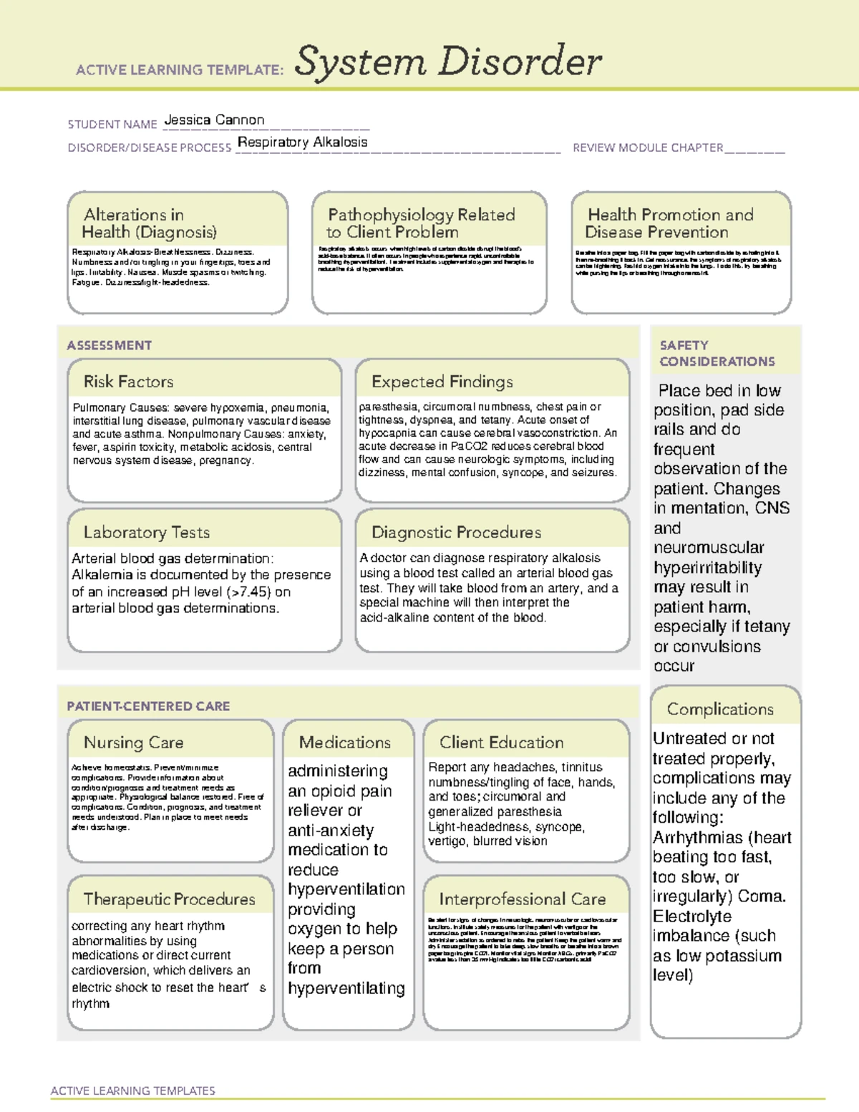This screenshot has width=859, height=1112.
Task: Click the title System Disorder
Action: (448, 62)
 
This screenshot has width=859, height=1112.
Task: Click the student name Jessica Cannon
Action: (214, 120)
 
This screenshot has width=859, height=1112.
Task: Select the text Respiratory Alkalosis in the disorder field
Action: (302, 142)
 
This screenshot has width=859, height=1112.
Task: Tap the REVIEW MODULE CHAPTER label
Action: (648, 148)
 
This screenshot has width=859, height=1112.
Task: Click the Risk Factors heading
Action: (128, 382)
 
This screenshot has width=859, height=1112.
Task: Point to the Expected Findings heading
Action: (442, 382)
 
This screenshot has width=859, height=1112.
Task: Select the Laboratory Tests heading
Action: (146, 533)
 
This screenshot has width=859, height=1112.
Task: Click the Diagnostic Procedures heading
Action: (456, 533)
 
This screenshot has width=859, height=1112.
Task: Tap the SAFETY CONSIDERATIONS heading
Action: (717, 354)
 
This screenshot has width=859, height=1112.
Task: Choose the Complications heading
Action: (720, 710)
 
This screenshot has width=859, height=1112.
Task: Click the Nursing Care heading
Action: (133, 743)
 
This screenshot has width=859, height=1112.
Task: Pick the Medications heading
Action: (344, 743)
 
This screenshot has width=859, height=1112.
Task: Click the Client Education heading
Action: (501, 743)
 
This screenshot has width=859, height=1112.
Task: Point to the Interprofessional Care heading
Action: (522, 899)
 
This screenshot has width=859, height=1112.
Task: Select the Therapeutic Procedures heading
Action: (169, 899)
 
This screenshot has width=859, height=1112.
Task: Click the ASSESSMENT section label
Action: (109, 346)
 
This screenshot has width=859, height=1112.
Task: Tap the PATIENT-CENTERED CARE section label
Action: (148, 707)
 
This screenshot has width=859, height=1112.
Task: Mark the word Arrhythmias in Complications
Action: (697, 838)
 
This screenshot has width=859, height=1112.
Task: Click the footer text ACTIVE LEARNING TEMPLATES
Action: (132, 1091)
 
